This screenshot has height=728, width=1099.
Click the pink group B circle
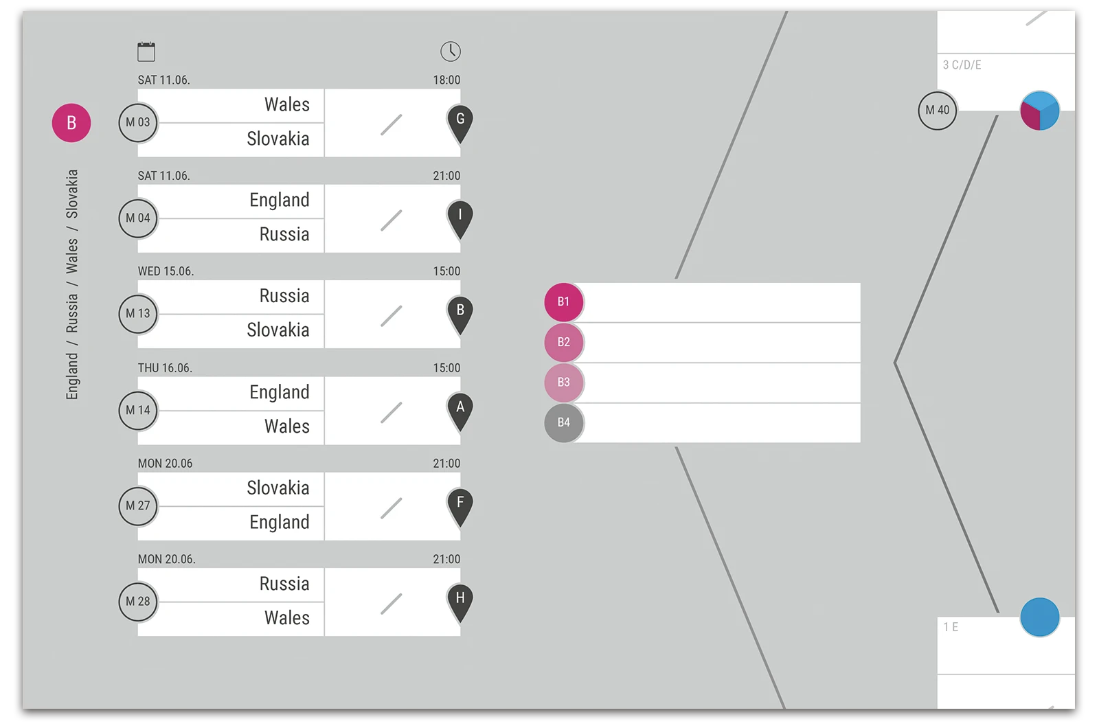point(71,123)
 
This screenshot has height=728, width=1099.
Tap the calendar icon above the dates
point(146,52)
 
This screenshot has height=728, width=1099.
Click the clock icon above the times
point(451,52)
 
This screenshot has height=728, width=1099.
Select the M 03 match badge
point(138,122)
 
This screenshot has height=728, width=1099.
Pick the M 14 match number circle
point(138,410)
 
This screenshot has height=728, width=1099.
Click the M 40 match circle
point(938,110)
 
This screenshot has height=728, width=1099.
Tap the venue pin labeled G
point(460,122)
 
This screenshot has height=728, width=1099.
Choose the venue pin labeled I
point(460,217)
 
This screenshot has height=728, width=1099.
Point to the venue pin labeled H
point(460,600)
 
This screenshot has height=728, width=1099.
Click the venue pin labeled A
point(460,409)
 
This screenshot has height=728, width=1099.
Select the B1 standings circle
point(564,302)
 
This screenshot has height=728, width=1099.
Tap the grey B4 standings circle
point(564,422)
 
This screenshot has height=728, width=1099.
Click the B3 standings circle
point(564,383)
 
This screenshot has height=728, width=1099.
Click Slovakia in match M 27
point(278,488)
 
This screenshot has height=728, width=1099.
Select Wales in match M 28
point(287,618)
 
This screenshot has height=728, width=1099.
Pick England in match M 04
point(280,201)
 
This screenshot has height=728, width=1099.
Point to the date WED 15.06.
point(166,271)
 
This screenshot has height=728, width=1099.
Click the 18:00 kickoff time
point(446,80)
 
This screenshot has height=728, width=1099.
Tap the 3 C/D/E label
point(962,65)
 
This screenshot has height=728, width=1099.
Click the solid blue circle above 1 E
point(1040,617)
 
